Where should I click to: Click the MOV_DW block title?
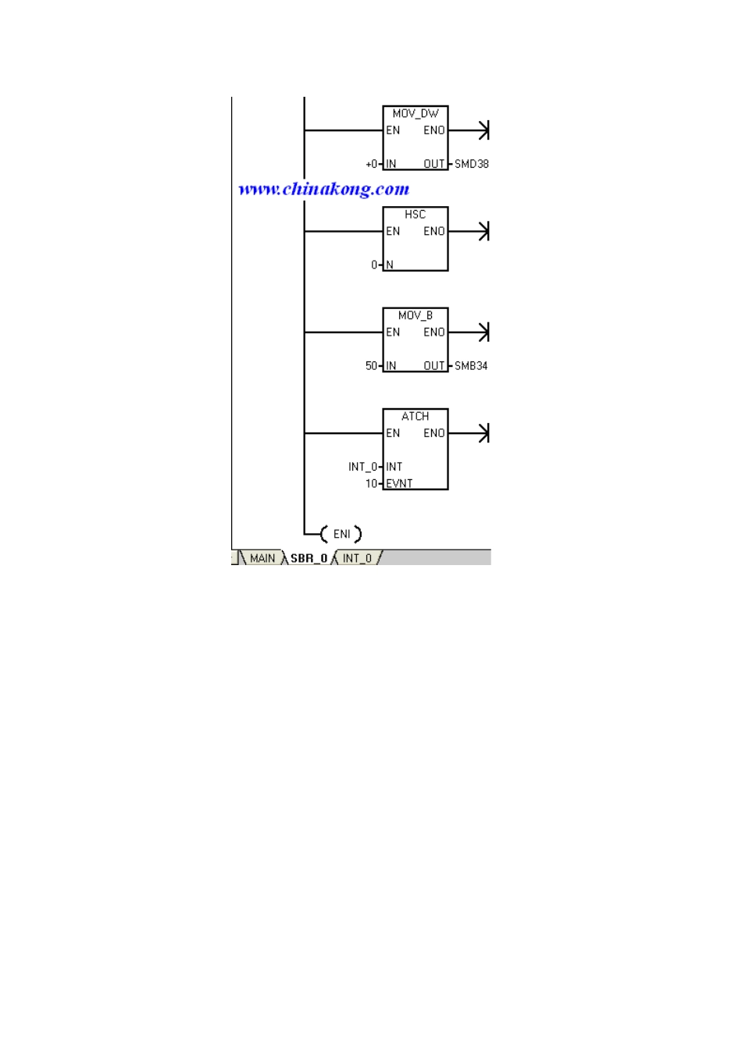[x=416, y=114]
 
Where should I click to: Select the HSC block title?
[x=415, y=215]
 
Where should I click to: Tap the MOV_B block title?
[x=416, y=315]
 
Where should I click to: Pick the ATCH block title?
[x=415, y=416]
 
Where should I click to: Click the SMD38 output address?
[x=472, y=164]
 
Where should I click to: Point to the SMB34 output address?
[x=471, y=366]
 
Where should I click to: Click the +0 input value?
[x=371, y=164]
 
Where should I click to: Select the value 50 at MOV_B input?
[x=371, y=366]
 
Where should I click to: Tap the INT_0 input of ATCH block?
[x=362, y=467]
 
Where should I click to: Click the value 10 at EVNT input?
[x=371, y=484]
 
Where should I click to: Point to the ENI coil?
[x=341, y=534]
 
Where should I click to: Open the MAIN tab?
[x=262, y=558]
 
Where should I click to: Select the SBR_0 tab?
[x=309, y=558]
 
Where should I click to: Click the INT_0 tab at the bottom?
[x=357, y=558]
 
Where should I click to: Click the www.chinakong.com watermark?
[x=324, y=189]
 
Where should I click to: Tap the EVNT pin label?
[x=399, y=484]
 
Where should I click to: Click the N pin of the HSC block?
[x=390, y=265]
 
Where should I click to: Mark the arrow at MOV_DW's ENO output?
[x=469, y=130]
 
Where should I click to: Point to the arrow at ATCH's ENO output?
[x=469, y=433]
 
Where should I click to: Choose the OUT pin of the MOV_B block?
[x=434, y=366]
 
